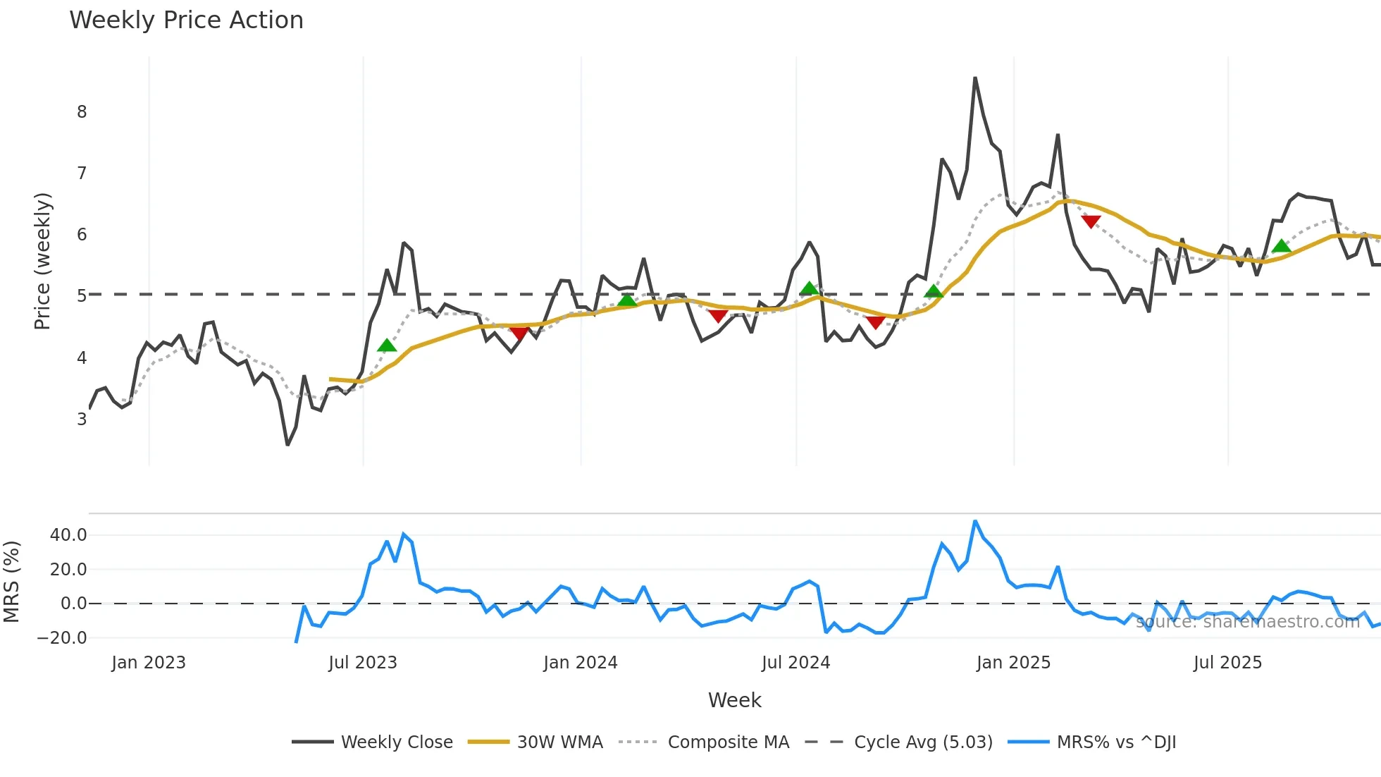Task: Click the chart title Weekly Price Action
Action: coord(186,20)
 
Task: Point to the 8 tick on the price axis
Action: coord(82,112)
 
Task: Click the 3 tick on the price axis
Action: coord(82,419)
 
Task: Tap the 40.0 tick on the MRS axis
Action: coord(68,535)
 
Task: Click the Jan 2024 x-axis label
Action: coord(580,663)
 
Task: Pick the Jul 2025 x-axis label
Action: coord(1227,663)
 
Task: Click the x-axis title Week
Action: coord(734,700)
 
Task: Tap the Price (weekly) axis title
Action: coord(42,261)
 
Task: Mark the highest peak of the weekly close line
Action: coord(975,78)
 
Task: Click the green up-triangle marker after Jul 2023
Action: coord(387,345)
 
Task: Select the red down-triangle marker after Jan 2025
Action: coord(1091,222)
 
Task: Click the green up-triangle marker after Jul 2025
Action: coord(1282,246)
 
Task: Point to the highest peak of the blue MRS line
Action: coord(975,522)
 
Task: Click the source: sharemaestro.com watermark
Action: coord(1247,622)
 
